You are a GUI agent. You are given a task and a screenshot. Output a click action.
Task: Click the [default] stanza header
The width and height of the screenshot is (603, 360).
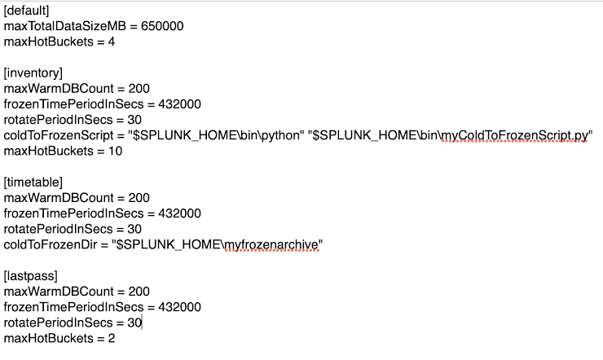pyautogui.click(x=27, y=11)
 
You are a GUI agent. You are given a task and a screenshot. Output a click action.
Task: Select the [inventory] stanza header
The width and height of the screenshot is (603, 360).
pyautogui.click(x=33, y=72)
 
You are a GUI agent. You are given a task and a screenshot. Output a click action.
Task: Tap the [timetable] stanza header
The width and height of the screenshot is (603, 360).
pyautogui.click(x=33, y=182)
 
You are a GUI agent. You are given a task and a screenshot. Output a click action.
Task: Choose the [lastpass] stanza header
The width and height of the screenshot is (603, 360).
pyautogui.click(x=32, y=276)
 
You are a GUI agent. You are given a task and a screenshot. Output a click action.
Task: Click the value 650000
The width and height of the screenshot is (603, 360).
pyautogui.click(x=162, y=26)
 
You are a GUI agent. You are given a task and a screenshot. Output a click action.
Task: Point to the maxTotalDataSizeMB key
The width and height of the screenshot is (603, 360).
pyautogui.click(x=63, y=26)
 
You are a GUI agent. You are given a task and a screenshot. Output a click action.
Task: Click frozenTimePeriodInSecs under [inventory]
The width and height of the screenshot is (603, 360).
pyautogui.click(x=72, y=104)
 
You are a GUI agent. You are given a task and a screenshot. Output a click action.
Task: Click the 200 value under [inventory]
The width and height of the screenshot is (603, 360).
pyautogui.click(x=139, y=88)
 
